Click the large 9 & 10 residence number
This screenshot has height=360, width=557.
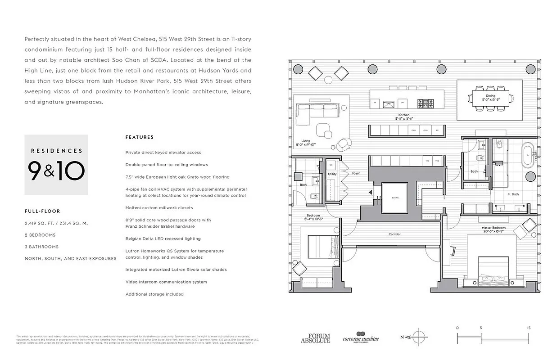56,171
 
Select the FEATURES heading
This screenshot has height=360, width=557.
140,137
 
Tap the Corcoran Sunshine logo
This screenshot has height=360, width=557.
361,338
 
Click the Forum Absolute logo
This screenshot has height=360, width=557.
315,338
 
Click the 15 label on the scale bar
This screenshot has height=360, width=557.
529,328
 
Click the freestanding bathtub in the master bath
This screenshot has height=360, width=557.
529,155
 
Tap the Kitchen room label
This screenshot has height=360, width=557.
404,115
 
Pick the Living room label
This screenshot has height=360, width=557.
305,141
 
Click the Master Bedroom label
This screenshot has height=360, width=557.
493,228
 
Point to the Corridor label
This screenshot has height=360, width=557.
394,234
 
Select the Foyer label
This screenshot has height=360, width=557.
356,173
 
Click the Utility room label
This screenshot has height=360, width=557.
332,174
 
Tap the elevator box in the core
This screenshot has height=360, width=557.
395,198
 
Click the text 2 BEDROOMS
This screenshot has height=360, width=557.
40,235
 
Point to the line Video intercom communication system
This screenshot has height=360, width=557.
166,282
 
